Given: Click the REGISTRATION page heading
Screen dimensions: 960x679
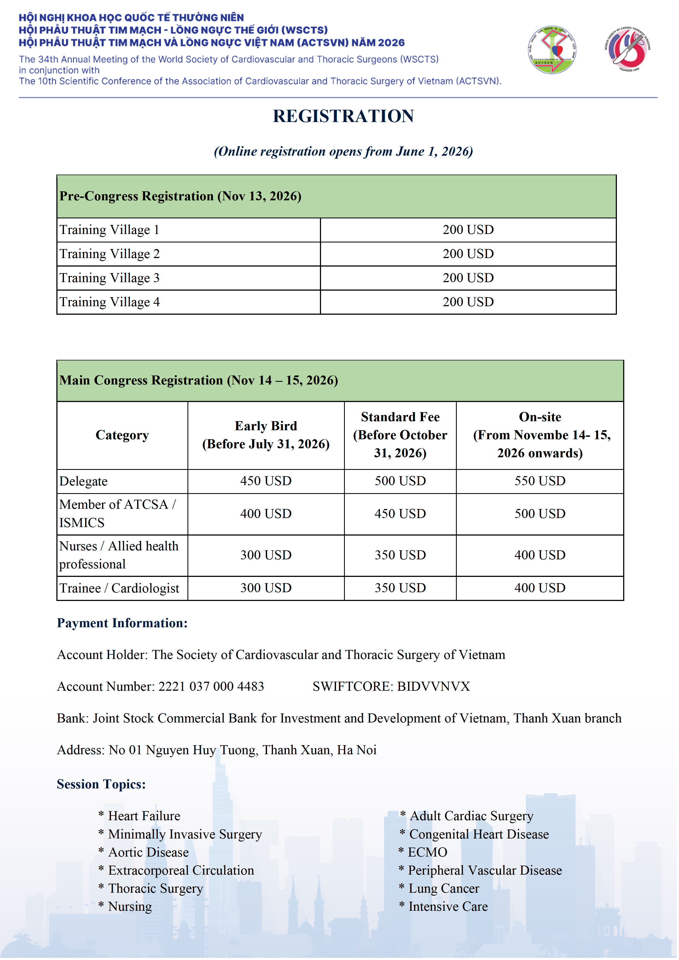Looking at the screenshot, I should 343,116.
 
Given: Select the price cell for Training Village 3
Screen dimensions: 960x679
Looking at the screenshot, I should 468,278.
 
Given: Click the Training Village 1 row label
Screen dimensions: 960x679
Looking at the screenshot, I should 109,230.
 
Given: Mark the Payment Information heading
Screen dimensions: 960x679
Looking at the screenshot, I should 122,623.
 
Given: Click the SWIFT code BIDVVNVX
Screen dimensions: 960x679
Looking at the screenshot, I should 433,687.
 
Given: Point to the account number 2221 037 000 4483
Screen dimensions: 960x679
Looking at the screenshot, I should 211,687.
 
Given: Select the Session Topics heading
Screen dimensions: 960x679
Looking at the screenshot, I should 101,784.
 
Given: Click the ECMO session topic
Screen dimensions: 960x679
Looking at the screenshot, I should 427,852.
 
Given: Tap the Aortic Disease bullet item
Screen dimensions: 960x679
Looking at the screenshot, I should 148,852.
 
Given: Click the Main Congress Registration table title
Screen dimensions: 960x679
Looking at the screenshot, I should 199,380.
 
